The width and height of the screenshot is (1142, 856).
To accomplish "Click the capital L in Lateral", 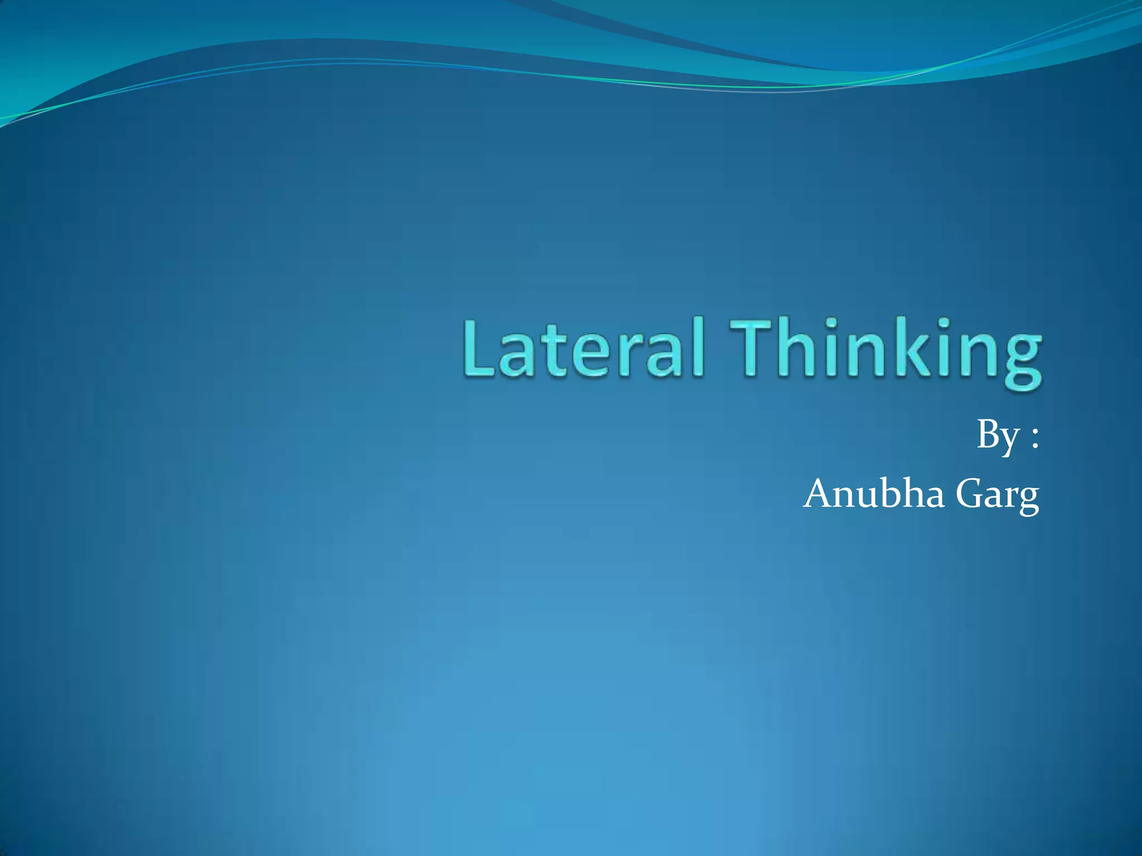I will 478,348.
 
